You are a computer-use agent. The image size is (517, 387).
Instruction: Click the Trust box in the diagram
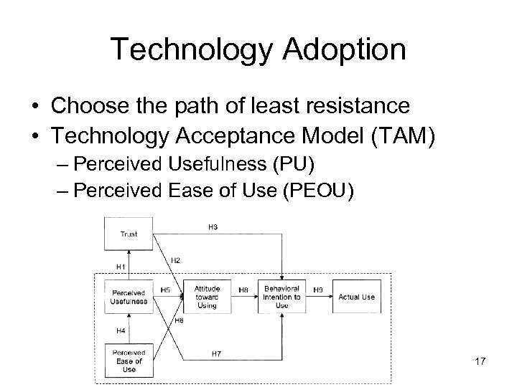pyautogui.click(x=129, y=234)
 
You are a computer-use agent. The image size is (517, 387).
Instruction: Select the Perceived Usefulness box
pyautogui.click(x=129, y=297)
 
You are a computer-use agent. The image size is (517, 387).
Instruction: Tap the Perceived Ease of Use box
pyautogui.click(x=129, y=360)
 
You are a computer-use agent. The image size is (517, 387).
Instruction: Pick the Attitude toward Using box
pyautogui.click(x=206, y=297)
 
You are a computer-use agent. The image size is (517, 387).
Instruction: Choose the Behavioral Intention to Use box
pyautogui.click(x=282, y=297)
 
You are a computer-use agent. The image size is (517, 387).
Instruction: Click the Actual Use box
pyautogui.click(x=357, y=297)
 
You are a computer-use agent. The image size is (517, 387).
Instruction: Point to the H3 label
pyautogui.click(x=213, y=228)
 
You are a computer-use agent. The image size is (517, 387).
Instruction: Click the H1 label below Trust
pyautogui.click(x=121, y=267)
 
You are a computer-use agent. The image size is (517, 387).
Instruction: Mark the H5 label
pyautogui.click(x=166, y=290)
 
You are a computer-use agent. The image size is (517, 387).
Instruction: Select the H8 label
pyautogui.click(x=243, y=290)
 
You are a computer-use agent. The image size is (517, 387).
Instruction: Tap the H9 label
pyautogui.click(x=318, y=290)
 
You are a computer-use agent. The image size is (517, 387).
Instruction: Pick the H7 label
pyautogui.click(x=215, y=353)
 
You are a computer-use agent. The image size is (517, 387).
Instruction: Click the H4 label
pyautogui.click(x=121, y=330)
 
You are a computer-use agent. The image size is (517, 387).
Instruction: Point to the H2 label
pyautogui.click(x=175, y=259)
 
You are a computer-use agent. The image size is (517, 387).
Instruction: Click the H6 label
pyautogui.click(x=179, y=321)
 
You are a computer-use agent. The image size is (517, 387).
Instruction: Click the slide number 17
pyautogui.click(x=480, y=361)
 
